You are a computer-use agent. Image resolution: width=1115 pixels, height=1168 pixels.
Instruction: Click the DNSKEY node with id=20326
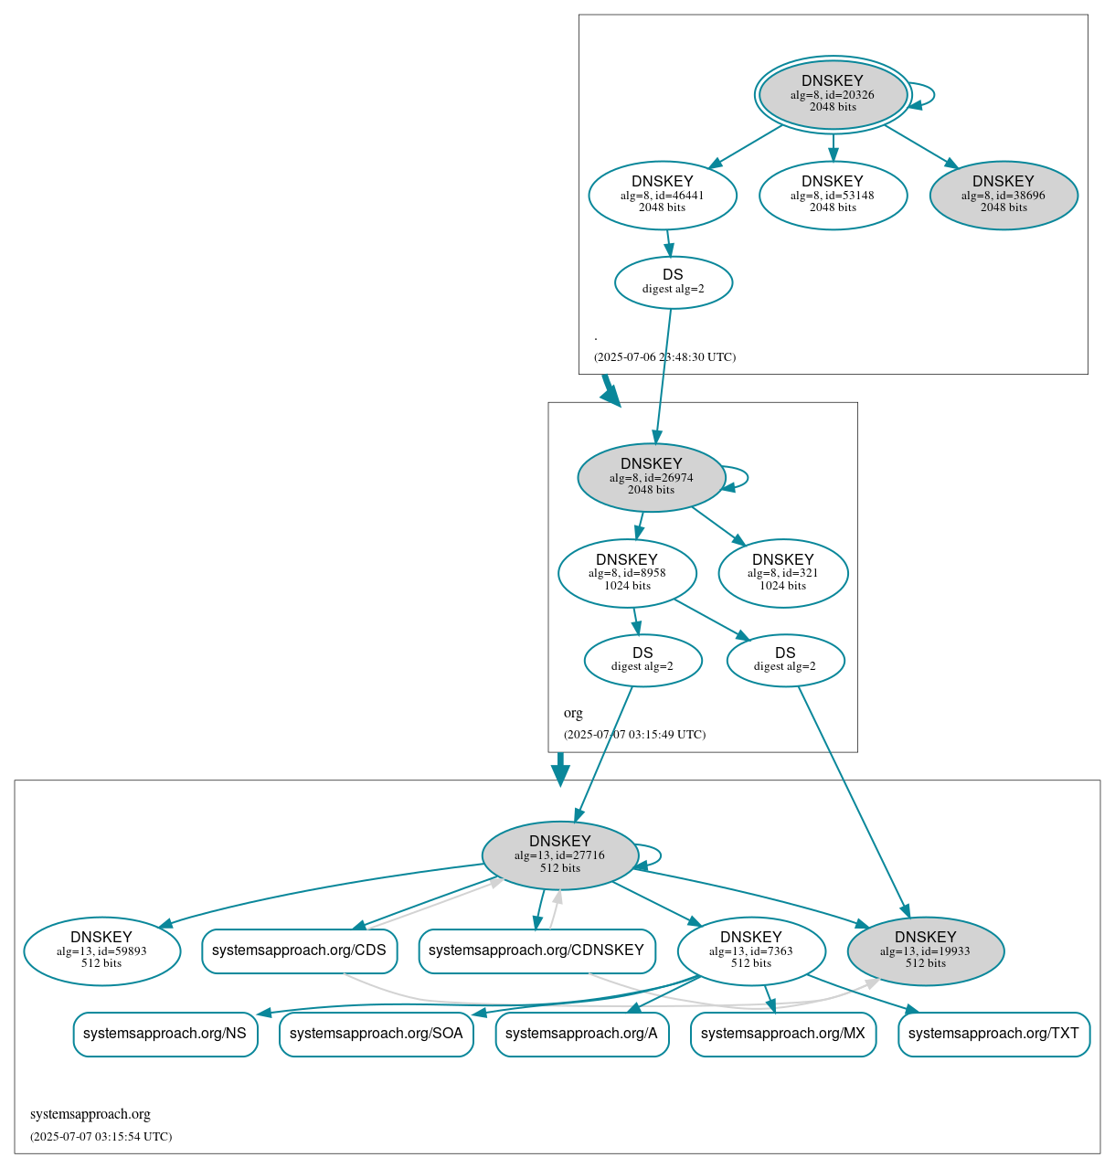click(x=833, y=95)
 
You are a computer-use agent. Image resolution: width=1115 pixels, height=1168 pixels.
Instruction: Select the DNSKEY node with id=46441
click(x=663, y=196)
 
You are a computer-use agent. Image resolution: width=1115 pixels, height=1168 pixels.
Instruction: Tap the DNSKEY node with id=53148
click(x=833, y=196)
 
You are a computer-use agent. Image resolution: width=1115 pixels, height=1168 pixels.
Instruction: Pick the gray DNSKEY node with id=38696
click(x=1003, y=196)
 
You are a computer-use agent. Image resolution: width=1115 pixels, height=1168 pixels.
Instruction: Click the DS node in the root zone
click(x=674, y=282)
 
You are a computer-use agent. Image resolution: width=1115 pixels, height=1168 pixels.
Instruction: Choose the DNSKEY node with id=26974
click(x=652, y=478)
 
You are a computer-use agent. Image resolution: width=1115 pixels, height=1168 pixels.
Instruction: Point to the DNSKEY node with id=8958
click(x=627, y=573)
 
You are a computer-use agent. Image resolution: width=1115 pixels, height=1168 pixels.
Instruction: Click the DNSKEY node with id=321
click(x=783, y=573)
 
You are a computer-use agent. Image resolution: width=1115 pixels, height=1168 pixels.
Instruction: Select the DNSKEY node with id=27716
click(x=560, y=855)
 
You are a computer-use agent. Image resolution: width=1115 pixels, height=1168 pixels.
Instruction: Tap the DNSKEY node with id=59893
click(x=102, y=951)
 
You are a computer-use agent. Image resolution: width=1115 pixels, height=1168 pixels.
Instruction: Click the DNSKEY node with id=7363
click(x=751, y=951)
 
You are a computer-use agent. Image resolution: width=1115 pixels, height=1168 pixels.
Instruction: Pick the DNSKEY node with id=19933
click(x=926, y=951)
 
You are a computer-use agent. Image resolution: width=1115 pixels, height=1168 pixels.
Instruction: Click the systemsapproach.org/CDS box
click(x=300, y=951)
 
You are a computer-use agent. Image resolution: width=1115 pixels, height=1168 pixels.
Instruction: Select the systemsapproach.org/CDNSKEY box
click(x=536, y=951)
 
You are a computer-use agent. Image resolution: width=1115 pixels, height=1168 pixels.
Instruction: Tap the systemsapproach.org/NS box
click(x=165, y=1035)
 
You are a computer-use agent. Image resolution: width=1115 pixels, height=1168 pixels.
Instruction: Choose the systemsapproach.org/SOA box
click(x=377, y=1035)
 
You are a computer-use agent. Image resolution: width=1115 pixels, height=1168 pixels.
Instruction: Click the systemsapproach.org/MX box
click(x=783, y=1035)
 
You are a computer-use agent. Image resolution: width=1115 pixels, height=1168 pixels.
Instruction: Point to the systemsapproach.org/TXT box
click(x=993, y=1035)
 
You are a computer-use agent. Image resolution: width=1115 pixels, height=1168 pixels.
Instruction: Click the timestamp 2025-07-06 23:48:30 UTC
click(x=664, y=357)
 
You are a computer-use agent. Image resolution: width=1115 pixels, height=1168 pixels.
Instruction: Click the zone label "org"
click(x=573, y=713)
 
